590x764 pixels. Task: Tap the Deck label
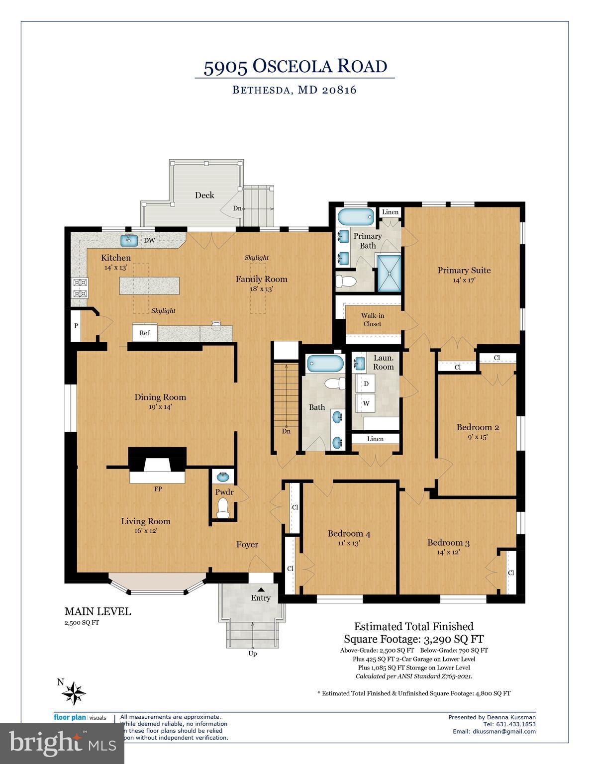tap(204, 195)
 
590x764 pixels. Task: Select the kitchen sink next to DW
tap(130, 240)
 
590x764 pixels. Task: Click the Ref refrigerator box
tap(144, 333)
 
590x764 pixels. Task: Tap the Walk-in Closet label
tap(373, 320)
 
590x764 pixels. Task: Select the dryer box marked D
tap(366, 383)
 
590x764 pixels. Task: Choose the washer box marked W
tap(366, 403)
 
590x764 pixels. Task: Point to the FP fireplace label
tap(158, 489)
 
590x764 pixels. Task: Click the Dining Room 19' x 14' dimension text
tap(160, 407)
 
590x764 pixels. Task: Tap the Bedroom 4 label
tap(349, 534)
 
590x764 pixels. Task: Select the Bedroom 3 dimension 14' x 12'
tap(448, 552)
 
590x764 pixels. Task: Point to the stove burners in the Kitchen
tap(80, 287)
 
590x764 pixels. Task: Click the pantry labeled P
tap(76, 326)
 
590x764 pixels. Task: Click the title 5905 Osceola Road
tap(295, 67)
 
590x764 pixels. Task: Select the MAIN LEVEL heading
tap(98, 611)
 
